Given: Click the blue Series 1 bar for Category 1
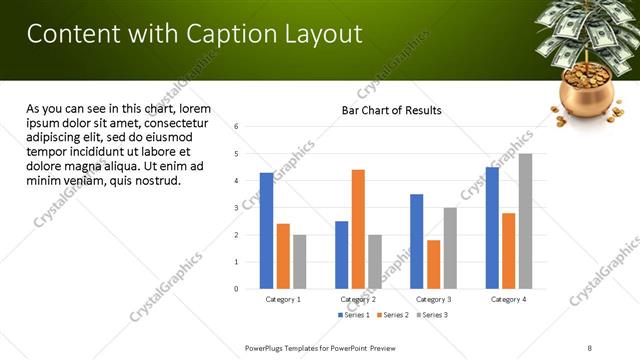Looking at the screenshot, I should pyautogui.click(x=266, y=230).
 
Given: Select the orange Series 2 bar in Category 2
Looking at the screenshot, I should pyautogui.click(x=358, y=229).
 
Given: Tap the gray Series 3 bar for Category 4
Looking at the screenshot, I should pyautogui.click(x=525, y=221).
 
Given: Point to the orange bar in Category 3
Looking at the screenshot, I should pyautogui.click(x=433, y=264).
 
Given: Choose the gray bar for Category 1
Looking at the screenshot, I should pyautogui.click(x=300, y=261).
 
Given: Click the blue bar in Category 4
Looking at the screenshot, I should pyautogui.click(x=492, y=227).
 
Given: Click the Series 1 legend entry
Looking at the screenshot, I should pyautogui.click(x=356, y=315).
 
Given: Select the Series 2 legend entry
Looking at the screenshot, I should pyautogui.click(x=393, y=315).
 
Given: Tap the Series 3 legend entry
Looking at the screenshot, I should pyautogui.click(x=430, y=315).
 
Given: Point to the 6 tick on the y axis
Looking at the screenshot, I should pyautogui.click(x=236, y=127).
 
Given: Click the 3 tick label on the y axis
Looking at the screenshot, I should pyautogui.click(x=236, y=208).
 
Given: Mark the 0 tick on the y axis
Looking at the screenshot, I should pyautogui.click(x=236, y=289).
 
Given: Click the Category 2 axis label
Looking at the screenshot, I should pyautogui.click(x=358, y=300).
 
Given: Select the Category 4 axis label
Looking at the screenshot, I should pyautogui.click(x=508, y=300).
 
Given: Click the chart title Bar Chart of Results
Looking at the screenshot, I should pyautogui.click(x=391, y=110).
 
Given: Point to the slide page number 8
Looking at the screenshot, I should pyautogui.click(x=590, y=348).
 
